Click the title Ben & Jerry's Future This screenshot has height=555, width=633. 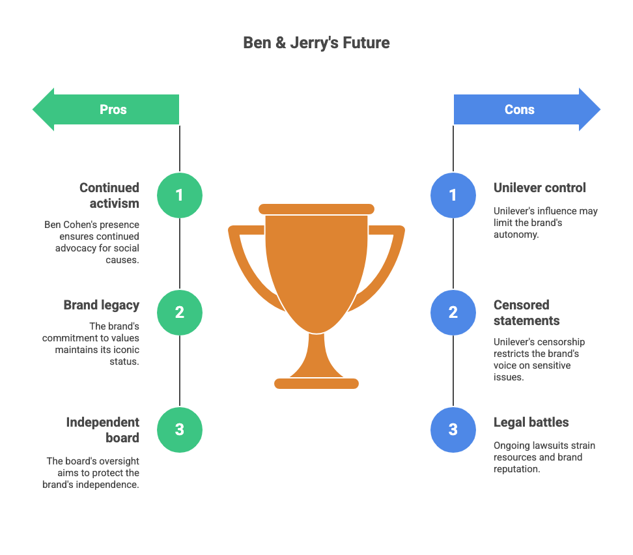(316, 43)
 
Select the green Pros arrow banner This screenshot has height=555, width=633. (105, 109)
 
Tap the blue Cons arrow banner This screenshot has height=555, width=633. (527, 109)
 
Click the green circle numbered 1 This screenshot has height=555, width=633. (180, 195)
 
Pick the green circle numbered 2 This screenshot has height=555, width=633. (180, 313)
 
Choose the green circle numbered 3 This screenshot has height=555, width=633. (180, 430)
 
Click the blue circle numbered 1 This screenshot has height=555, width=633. (453, 195)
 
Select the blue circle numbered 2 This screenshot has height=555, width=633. (453, 313)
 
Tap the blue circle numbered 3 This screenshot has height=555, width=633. (453, 430)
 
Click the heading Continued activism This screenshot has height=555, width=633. (109, 195)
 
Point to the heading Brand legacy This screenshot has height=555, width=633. (102, 306)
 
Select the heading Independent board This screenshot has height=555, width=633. (102, 430)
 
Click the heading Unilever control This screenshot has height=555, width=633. (539, 188)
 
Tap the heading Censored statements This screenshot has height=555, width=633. (526, 313)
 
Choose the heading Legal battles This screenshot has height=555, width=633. (531, 423)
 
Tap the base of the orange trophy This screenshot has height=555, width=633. (316, 384)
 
